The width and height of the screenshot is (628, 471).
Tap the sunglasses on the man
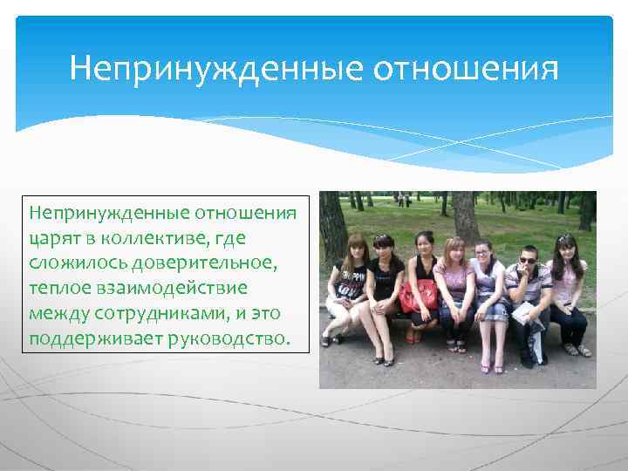(x=527, y=260)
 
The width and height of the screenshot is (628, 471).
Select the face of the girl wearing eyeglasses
(x=482, y=254)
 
